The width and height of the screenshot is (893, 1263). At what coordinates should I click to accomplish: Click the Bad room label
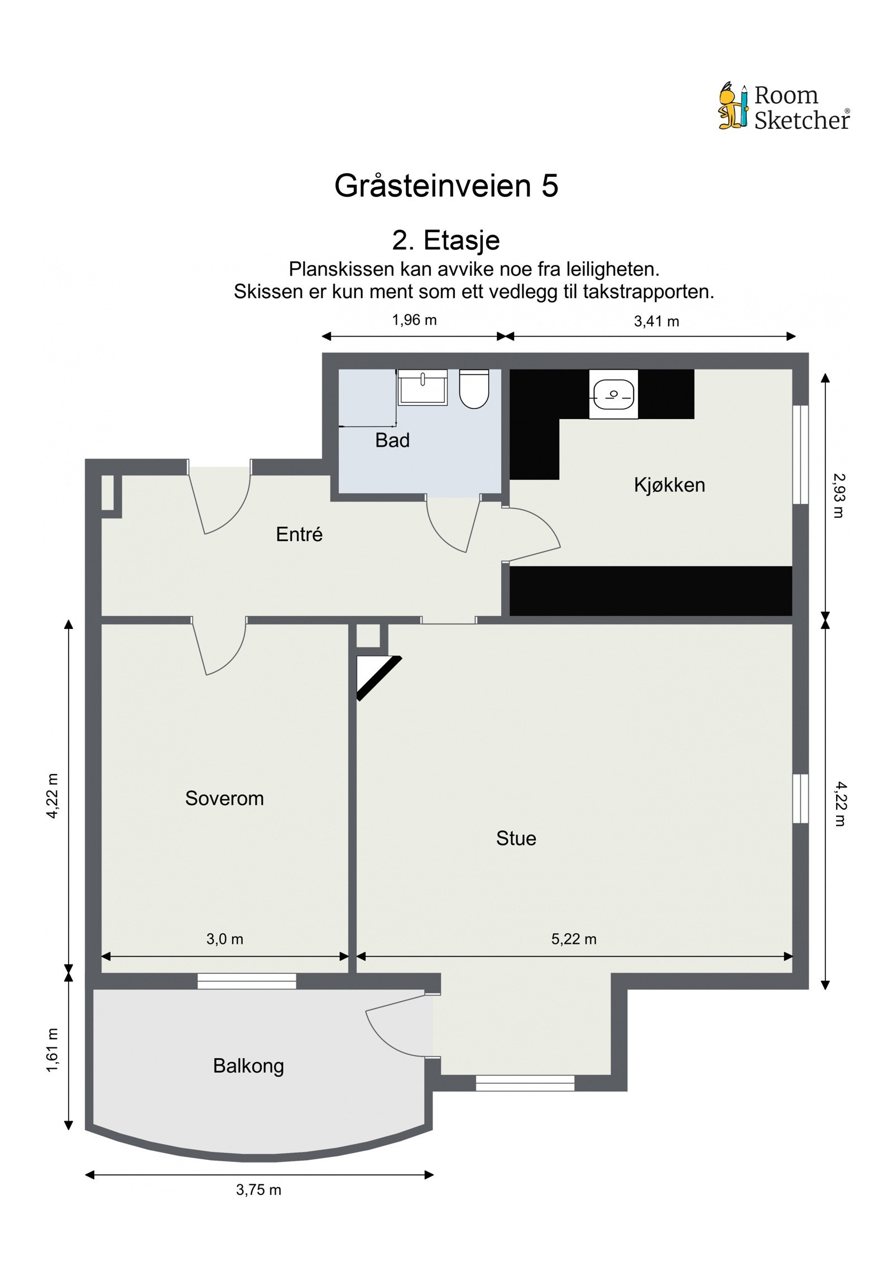pos(392,440)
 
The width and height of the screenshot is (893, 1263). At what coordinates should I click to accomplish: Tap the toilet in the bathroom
pos(474,389)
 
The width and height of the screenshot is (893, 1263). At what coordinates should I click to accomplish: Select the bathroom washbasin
pos(423,387)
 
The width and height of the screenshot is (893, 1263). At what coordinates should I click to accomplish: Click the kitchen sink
pos(613,394)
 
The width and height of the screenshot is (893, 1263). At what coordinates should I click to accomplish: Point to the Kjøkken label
pos(669,485)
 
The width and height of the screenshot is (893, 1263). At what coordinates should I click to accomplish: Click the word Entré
pos(299,535)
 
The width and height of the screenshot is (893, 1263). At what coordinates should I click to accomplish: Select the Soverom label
pos(224,799)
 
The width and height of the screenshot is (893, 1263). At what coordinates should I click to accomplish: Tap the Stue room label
pos(516,838)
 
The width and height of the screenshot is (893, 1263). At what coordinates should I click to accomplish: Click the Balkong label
pos(248,1066)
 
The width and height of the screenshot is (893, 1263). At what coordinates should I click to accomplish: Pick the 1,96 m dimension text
pos(414,320)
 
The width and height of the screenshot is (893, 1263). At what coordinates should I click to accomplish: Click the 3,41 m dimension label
pos(656,321)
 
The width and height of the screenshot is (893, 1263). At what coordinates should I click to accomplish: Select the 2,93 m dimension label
pos(838,496)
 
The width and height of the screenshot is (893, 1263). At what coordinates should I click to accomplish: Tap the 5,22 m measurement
pos(574,939)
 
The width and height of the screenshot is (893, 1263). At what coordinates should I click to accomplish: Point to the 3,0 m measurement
pos(224,939)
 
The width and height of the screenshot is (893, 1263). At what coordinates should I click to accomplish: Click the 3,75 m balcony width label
pos(258,1190)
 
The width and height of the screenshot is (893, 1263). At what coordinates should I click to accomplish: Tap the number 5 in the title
pos(549,186)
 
